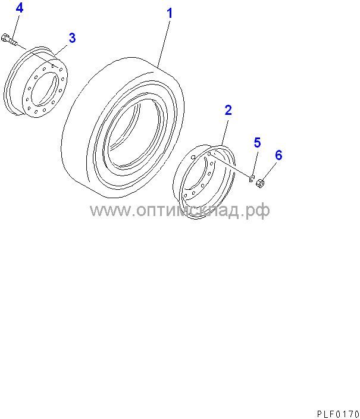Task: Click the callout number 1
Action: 170,13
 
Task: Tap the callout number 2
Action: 228,110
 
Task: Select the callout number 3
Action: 72,38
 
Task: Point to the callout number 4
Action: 20,8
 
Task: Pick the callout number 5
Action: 257,142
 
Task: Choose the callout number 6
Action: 278,155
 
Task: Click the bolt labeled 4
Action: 10,40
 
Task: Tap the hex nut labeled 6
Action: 260,183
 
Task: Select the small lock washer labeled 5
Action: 251,179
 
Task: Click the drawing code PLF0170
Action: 338,414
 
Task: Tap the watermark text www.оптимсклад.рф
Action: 180,210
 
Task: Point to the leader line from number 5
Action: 255,162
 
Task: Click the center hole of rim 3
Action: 45,89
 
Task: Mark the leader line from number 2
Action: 225,133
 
